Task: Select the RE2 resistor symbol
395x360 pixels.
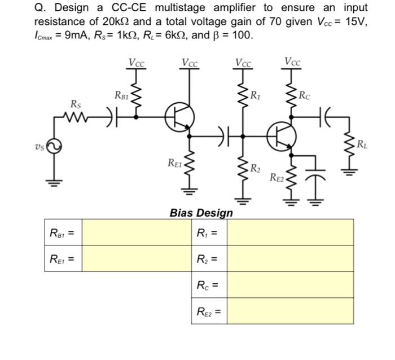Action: point(291,178)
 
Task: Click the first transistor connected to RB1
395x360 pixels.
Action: point(179,117)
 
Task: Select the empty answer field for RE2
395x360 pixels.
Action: point(290,311)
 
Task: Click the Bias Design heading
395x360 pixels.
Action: point(201,213)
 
